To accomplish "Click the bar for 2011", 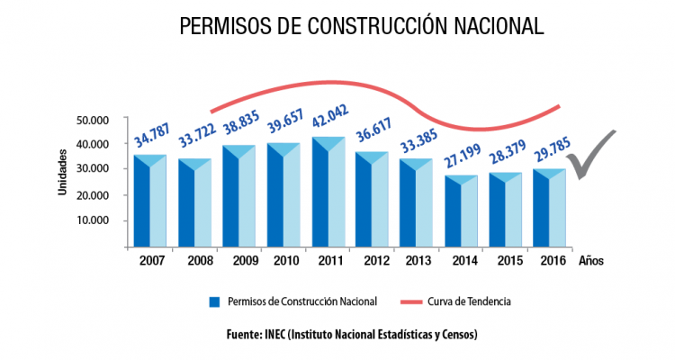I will point(329,193).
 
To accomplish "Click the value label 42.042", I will point(329,120).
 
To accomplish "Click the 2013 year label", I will point(418,262).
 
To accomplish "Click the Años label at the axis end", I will point(591,262).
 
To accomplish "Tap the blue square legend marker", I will point(214,301).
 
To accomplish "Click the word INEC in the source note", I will point(277,334).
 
